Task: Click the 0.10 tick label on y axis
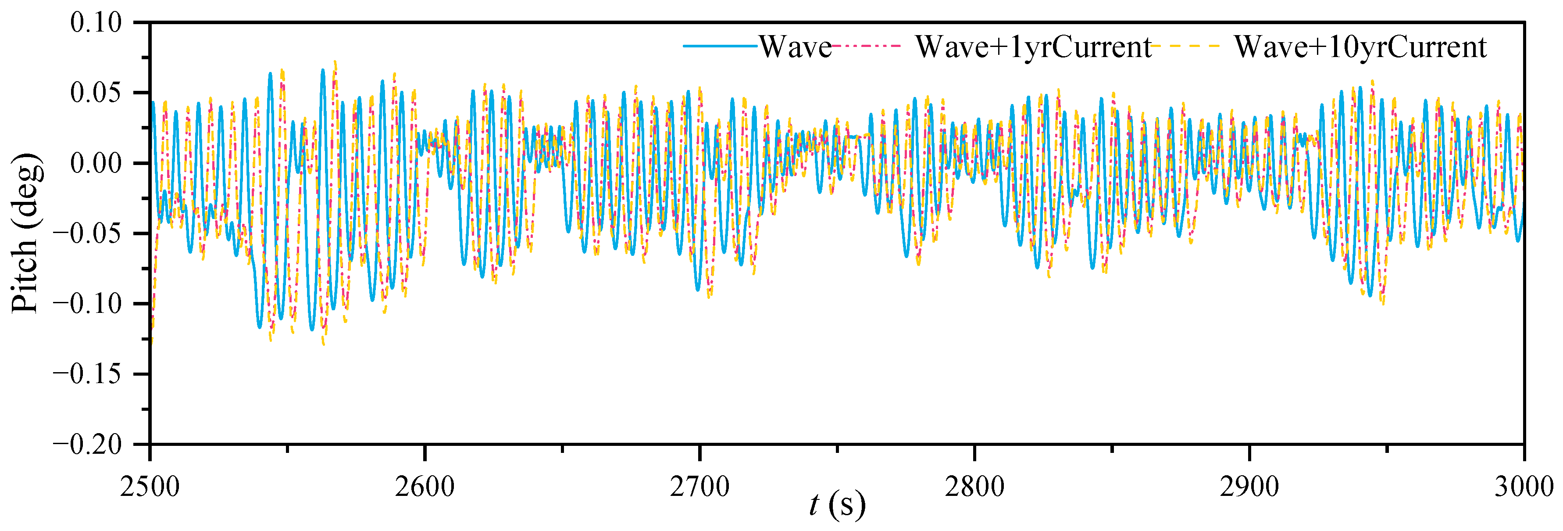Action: pyautogui.click(x=96, y=23)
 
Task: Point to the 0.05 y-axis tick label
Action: pyautogui.click(x=96, y=93)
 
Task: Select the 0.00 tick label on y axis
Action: pyautogui.click(x=96, y=163)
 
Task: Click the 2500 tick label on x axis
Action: pyautogui.click(x=150, y=487)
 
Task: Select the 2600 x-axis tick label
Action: pyautogui.click(x=425, y=487)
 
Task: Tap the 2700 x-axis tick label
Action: pyautogui.click(x=699, y=487)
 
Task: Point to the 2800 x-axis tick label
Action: pyautogui.click(x=974, y=487)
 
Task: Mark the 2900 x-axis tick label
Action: pyautogui.click(x=1249, y=487)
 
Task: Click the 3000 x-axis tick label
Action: pyautogui.click(x=1523, y=487)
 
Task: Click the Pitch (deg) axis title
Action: pyautogui.click(x=27, y=233)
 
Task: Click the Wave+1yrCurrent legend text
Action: pyautogui.click(x=1033, y=47)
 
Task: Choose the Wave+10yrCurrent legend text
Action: pyautogui.click(x=1360, y=47)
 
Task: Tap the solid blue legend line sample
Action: pyautogui.click(x=720, y=46)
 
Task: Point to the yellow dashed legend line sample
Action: pyautogui.click(x=1187, y=46)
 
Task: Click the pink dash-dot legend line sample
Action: pyautogui.click(x=867, y=46)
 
